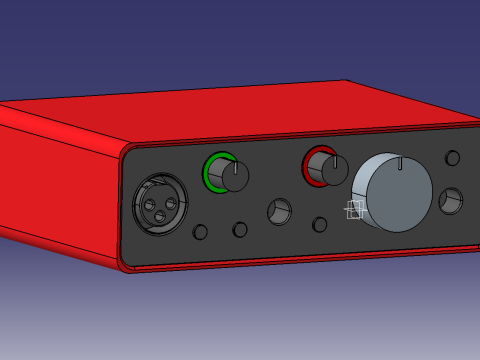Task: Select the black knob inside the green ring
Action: (x=234, y=177)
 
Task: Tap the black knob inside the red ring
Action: (x=333, y=170)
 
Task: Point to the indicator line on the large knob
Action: (x=400, y=163)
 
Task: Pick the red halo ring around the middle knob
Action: (x=309, y=164)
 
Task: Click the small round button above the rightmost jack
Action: (x=452, y=158)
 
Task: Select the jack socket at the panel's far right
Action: (x=451, y=201)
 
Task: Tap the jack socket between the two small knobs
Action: (x=279, y=211)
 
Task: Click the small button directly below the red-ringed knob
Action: (x=320, y=225)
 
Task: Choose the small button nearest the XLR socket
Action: (x=200, y=232)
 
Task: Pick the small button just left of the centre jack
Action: (x=240, y=229)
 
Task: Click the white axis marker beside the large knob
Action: (x=354, y=209)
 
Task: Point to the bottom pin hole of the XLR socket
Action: (x=160, y=217)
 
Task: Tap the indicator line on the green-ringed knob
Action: (x=236, y=167)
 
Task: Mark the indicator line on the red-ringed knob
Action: (x=336, y=160)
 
